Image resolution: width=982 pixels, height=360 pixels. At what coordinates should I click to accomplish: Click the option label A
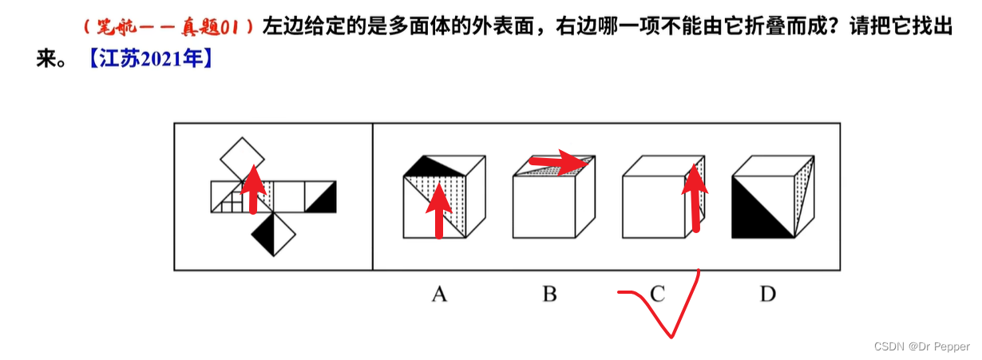click(x=438, y=295)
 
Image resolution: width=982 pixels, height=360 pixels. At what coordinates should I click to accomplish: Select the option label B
click(x=549, y=295)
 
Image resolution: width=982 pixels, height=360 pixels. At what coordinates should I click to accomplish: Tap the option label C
click(x=657, y=295)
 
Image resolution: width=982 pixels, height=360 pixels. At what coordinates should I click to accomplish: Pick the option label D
click(x=767, y=295)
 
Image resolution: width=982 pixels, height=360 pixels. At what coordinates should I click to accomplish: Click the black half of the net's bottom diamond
click(x=263, y=235)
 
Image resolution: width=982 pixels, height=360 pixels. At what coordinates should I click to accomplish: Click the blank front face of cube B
click(x=544, y=206)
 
